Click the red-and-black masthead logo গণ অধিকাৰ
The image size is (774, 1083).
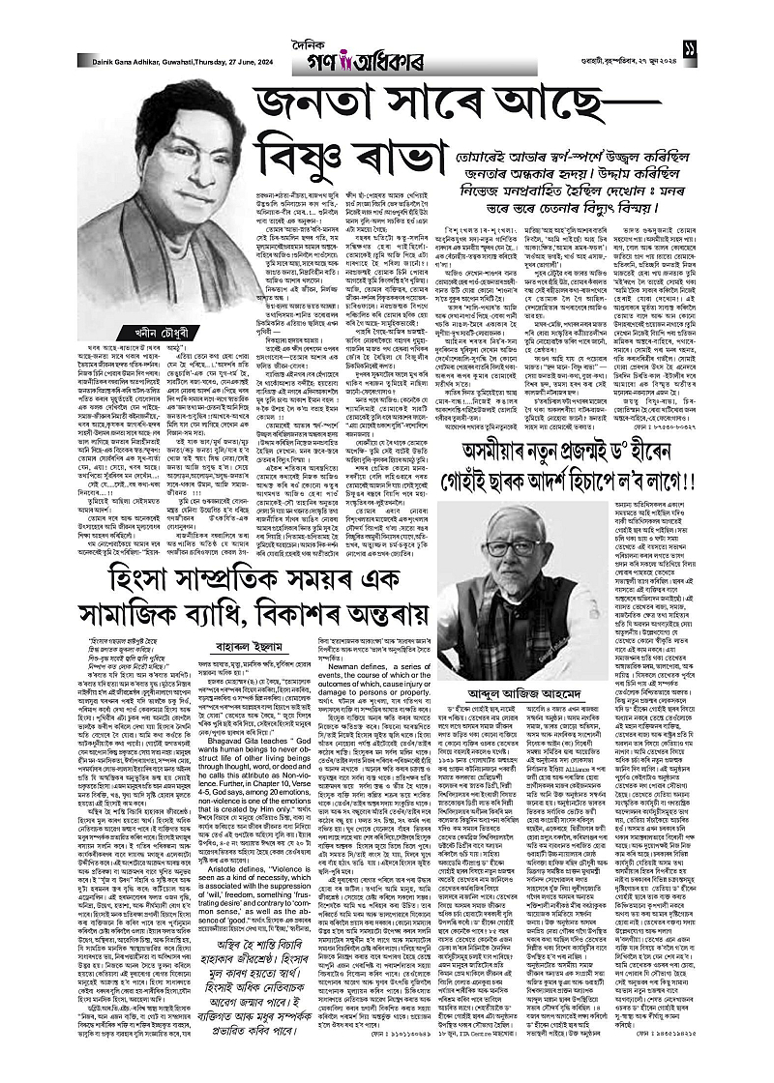(x=387, y=42)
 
